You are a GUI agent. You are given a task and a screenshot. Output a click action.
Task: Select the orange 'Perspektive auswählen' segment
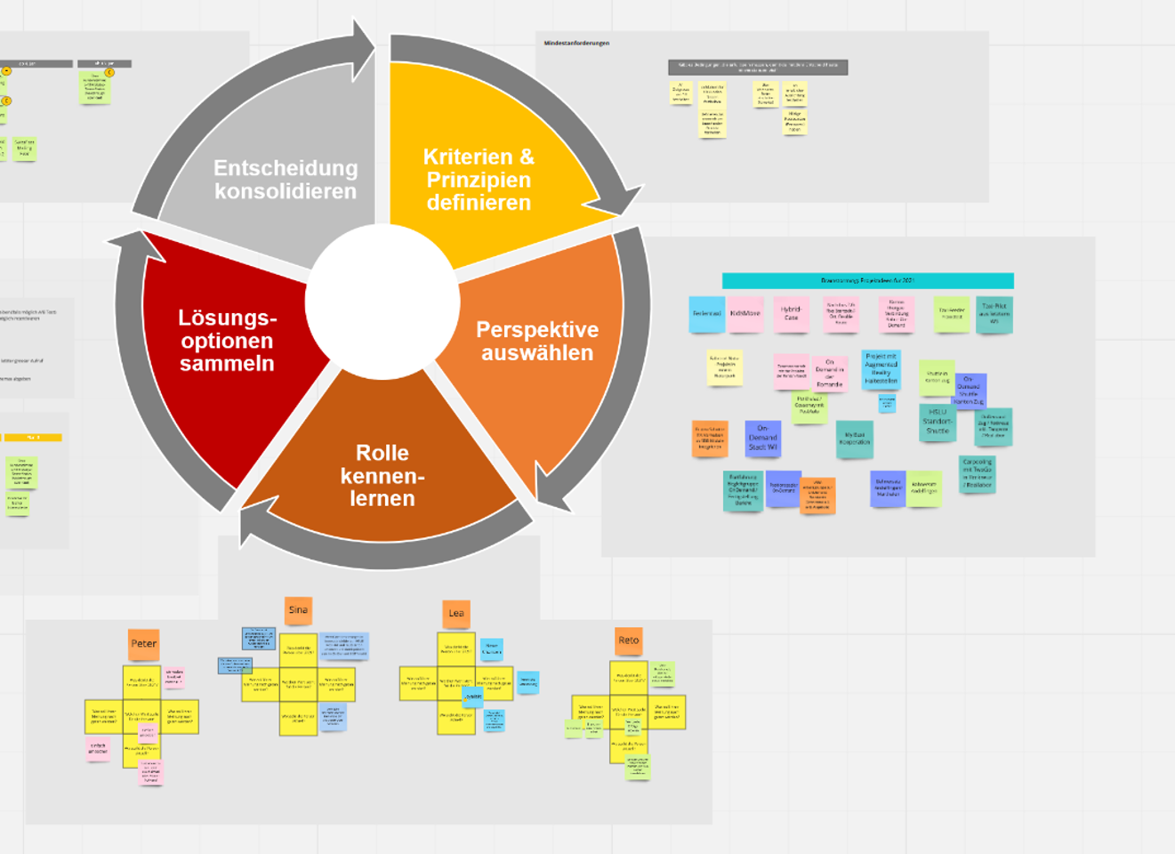pyautogui.click(x=536, y=342)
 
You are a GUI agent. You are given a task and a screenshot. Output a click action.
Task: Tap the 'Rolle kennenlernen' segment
pyautogui.click(x=382, y=476)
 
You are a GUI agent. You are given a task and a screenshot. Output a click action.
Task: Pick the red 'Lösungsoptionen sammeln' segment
pyautogui.click(x=227, y=341)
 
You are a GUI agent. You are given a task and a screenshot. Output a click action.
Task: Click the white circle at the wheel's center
pyautogui.click(x=382, y=302)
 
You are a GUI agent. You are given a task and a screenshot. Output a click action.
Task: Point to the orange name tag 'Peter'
pyautogui.click(x=143, y=644)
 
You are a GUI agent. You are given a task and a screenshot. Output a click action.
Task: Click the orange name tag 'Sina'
pyautogui.click(x=298, y=610)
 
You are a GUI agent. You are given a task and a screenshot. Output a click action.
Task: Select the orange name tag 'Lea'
pyautogui.click(x=456, y=613)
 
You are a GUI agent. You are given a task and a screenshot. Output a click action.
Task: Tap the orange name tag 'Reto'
pyautogui.click(x=629, y=640)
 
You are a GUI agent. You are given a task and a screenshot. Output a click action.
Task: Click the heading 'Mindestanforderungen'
pyautogui.click(x=576, y=43)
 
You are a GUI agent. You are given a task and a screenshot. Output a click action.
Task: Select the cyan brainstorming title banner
pyautogui.click(x=867, y=281)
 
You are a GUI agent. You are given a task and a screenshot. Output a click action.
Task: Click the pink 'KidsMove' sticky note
pyautogui.click(x=745, y=315)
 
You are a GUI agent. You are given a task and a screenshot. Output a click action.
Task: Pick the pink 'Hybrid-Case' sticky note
pyautogui.click(x=791, y=314)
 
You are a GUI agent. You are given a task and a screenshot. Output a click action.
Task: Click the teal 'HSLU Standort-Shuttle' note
pyautogui.click(x=938, y=423)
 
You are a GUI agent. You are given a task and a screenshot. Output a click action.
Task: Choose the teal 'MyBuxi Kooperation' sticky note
pyautogui.click(x=855, y=439)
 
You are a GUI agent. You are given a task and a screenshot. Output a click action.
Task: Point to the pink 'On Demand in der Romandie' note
pyautogui.click(x=829, y=374)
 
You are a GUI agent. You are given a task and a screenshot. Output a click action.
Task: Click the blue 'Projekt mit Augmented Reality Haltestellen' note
pyautogui.click(x=881, y=368)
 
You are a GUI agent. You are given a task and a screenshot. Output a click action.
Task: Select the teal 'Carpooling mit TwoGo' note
pyautogui.click(x=977, y=473)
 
